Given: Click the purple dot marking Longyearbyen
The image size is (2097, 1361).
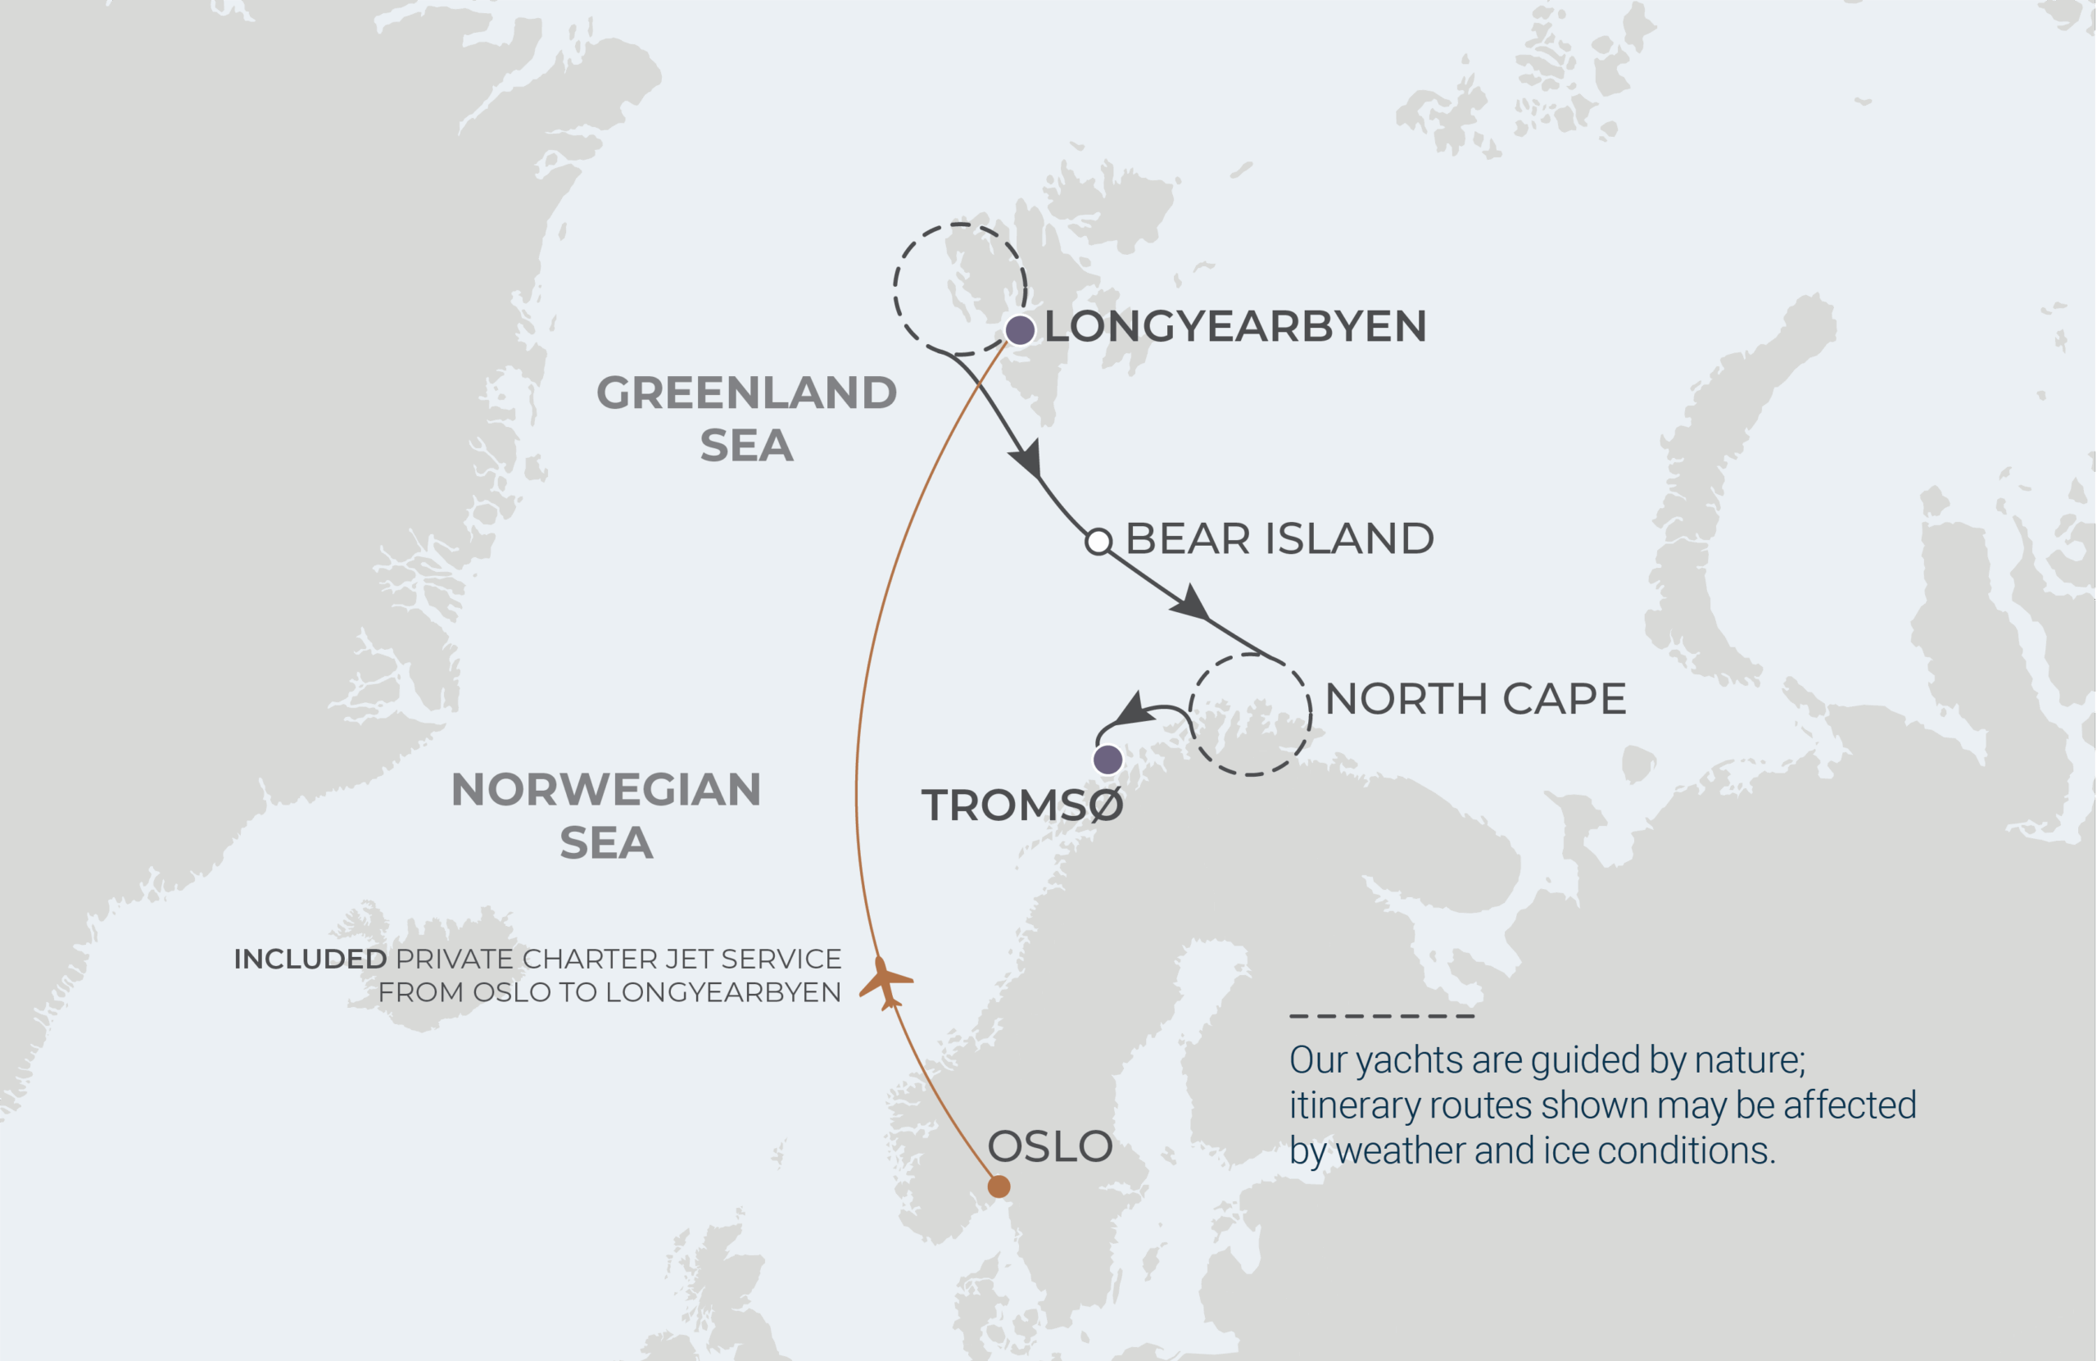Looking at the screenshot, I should tap(1020, 329).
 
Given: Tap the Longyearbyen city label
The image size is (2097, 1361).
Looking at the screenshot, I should tap(1234, 326).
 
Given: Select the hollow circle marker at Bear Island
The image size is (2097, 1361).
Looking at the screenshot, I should tap(1098, 542).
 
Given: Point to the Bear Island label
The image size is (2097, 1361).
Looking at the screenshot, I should tap(1279, 538).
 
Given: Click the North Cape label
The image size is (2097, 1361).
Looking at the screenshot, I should tap(1475, 699).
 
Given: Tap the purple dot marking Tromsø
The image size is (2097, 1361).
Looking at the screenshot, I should tap(1107, 759).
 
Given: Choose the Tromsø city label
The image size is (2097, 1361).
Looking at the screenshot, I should tap(1022, 805).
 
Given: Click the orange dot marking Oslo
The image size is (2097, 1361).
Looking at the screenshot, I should tap(999, 1186).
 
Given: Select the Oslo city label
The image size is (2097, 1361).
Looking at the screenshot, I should tap(1049, 1147).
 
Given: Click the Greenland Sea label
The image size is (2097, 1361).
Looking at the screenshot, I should tap(746, 418).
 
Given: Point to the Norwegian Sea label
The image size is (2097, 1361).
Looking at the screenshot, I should tap(605, 815).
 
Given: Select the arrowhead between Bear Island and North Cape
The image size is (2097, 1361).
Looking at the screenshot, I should tap(1191, 604).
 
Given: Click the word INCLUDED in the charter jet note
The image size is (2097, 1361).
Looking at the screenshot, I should tap(310, 959).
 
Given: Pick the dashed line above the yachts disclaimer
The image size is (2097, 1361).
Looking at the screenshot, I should tap(1381, 1016).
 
